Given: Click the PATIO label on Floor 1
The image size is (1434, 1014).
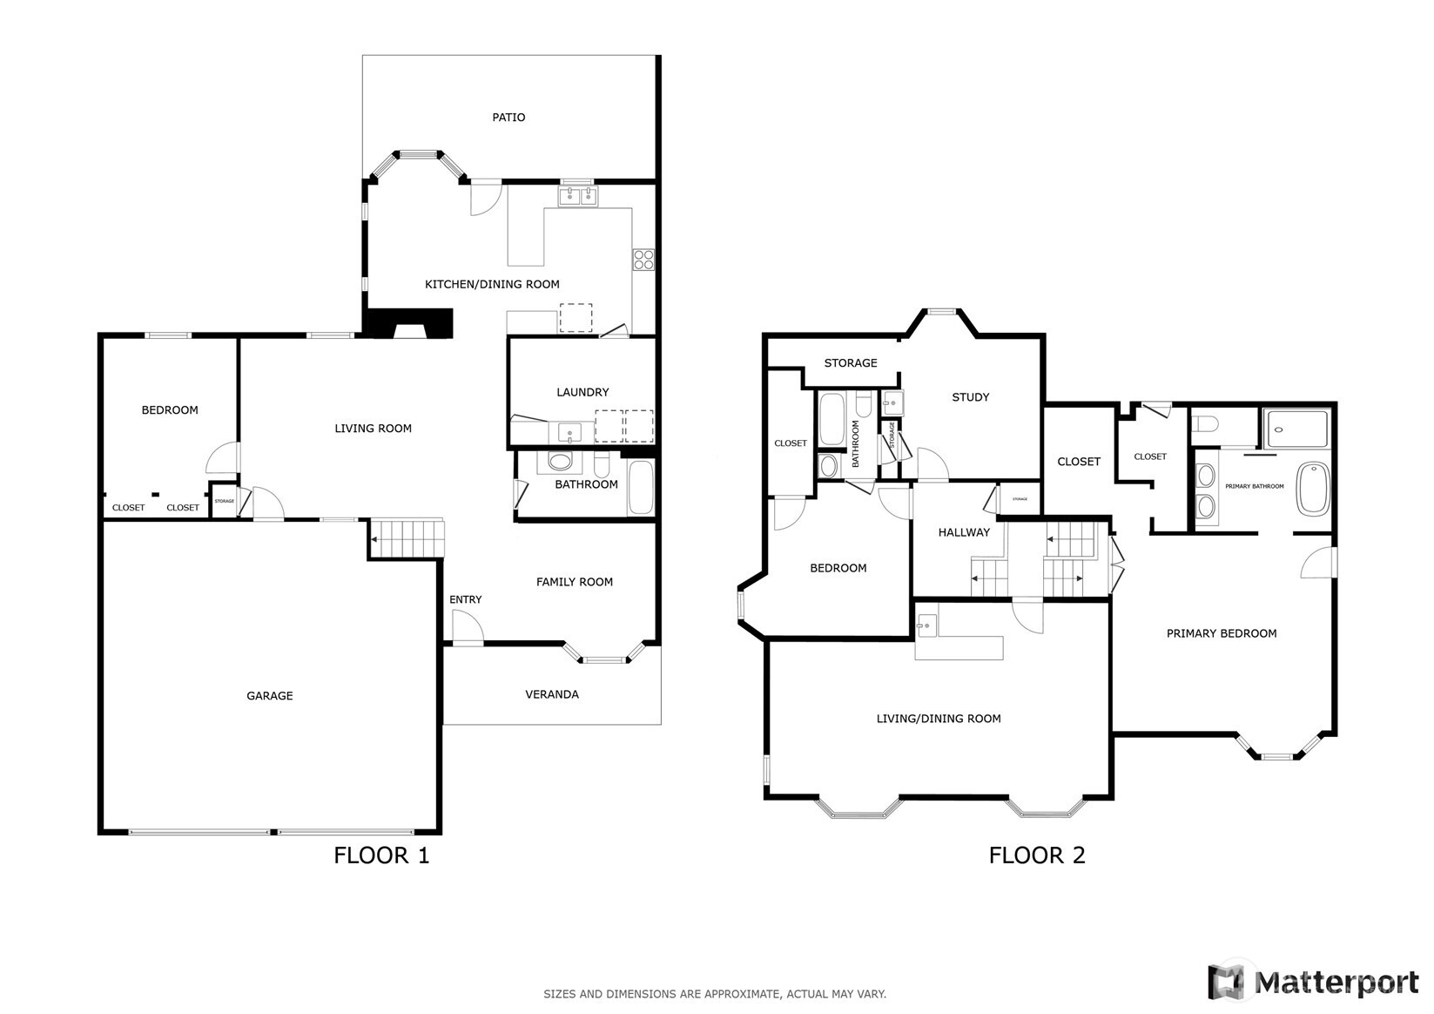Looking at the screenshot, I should pyautogui.click(x=508, y=118).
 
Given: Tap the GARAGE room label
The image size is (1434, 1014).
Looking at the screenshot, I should pyautogui.click(x=269, y=695).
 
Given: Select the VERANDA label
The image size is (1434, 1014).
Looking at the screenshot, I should pyautogui.click(x=551, y=694).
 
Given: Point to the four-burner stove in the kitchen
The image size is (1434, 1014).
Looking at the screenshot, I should pyautogui.click(x=643, y=259).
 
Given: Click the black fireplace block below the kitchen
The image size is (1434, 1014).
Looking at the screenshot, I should pyautogui.click(x=409, y=323).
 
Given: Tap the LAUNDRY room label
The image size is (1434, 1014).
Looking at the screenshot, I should pyautogui.click(x=582, y=392).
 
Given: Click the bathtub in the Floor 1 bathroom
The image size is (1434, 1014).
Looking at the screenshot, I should pyautogui.click(x=642, y=488).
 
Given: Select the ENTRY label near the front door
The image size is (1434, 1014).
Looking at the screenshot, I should pyautogui.click(x=465, y=599).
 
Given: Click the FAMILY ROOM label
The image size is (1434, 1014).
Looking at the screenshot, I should pyautogui.click(x=574, y=582).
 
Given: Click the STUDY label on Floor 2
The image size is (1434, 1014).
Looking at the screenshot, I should pyautogui.click(x=970, y=397).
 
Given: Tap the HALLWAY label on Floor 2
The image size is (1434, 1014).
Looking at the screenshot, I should pyautogui.click(x=964, y=532).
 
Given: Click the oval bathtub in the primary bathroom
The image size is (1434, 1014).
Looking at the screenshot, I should pyautogui.click(x=1314, y=489).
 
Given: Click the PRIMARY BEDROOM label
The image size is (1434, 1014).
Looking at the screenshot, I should pyautogui.click(x=1221, y=633).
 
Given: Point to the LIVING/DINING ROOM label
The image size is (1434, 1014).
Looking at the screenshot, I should pyautogui.click(x=938, y=719).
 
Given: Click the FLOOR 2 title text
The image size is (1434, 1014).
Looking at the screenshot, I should pyautogui.click(x=1036, y=855).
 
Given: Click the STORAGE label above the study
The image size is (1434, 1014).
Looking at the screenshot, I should pyautogui.click(x=850, y=362).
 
